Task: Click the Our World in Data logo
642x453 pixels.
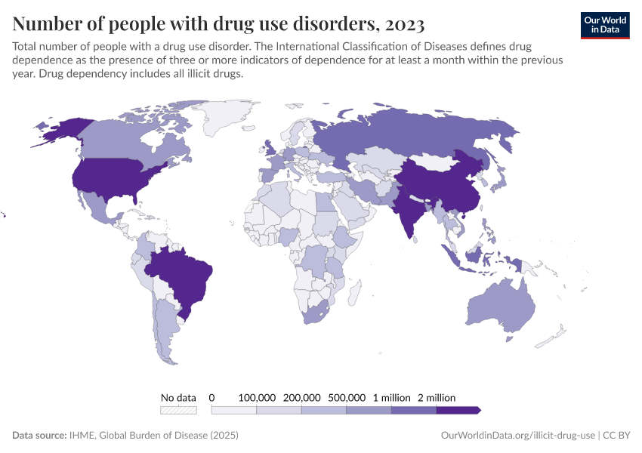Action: point(605,25)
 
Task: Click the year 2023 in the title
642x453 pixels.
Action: point(404,23)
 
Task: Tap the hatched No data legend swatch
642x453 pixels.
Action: point(178,410)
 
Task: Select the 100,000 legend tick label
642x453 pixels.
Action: point(257,397)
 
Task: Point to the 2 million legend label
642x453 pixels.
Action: point(436,397)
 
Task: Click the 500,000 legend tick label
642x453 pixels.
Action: point(346,397)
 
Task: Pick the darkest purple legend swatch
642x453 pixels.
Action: point(458,410)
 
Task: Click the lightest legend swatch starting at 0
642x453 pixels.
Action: point(233,410)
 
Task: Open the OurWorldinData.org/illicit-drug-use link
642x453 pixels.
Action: point(517,436)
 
